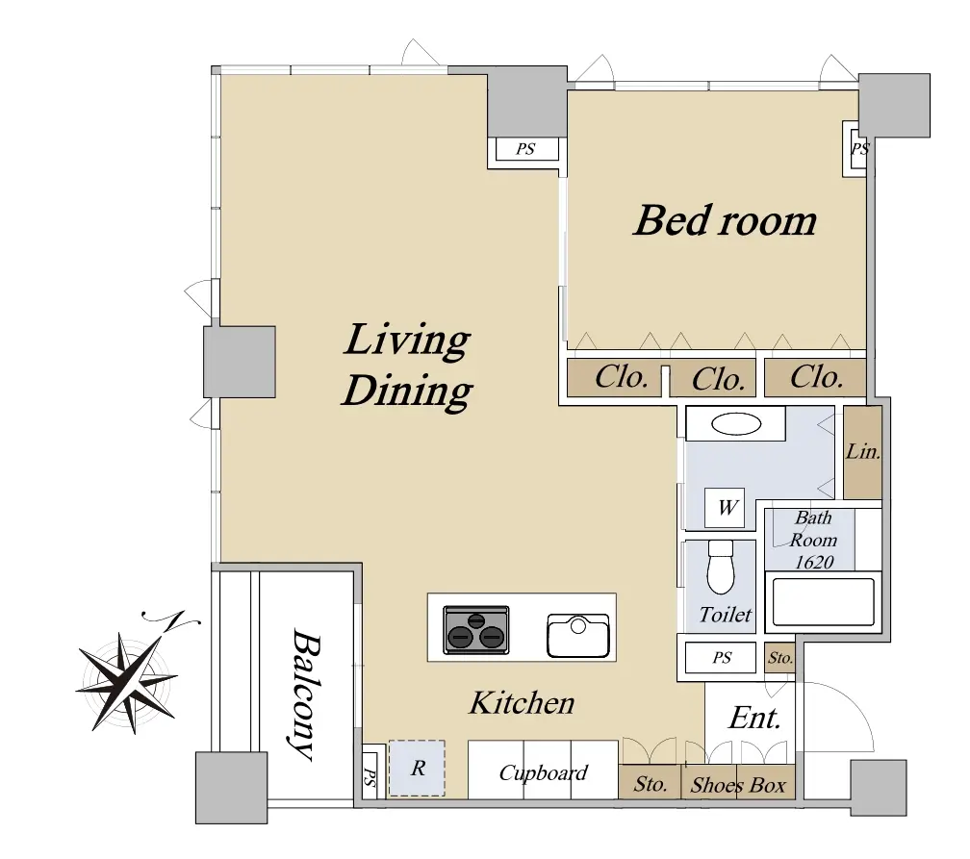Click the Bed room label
point(725,221)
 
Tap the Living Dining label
point(407,365)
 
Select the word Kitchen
point(522,703)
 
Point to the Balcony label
point(306,694)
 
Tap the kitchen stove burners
point(475,630)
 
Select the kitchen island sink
point(577,636)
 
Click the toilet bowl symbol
point(720,568)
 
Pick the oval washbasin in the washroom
point(736,424)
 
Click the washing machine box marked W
point(725,508)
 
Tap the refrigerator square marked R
point(417,768)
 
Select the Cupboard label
point(543,773)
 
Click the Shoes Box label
point(738,785)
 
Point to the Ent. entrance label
point(754,718)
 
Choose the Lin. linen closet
point(862,452)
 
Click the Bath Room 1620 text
point(813,540)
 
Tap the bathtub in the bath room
point(823,602)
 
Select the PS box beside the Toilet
point(721,657)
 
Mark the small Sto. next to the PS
point(779,657)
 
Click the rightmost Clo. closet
point(815,377)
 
